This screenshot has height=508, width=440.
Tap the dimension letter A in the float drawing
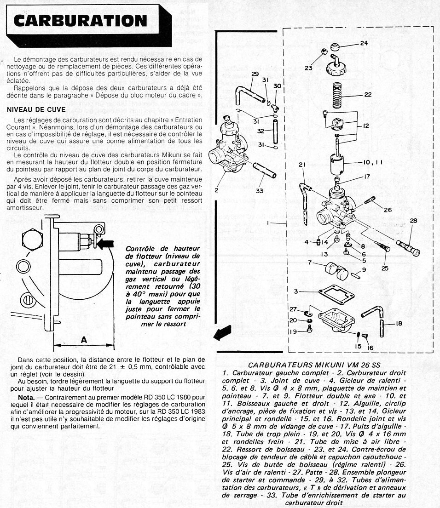point(84,340)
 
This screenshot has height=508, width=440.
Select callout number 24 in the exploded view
point(364,44)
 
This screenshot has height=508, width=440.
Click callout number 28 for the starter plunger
point(413,221)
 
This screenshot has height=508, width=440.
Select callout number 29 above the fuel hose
point(255,74)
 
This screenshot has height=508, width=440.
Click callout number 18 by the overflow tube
point(399,323)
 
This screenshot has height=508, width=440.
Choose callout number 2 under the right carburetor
point(216,189)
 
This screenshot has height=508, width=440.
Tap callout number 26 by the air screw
point(388,210)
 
